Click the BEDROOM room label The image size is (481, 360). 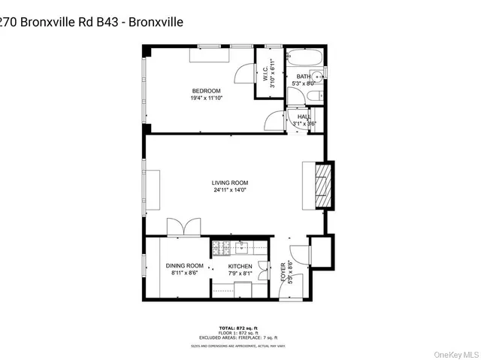(206, 91)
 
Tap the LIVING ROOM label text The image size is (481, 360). (229, 183)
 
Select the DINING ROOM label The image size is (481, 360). (185, 265)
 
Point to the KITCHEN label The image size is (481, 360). (240, 266)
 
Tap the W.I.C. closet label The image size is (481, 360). (272, 74)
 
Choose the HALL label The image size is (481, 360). (304, 117)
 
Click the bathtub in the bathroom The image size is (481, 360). (305, 59)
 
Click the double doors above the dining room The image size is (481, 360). (185, 228)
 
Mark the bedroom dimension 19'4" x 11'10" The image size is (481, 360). (206, 98)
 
